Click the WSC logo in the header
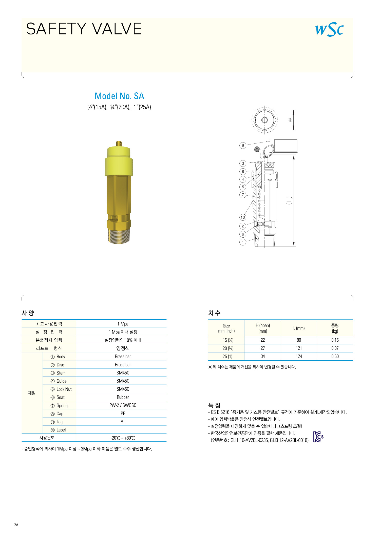pos(329,29)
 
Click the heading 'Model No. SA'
pos(119,96)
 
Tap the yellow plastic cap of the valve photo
pos(119,161)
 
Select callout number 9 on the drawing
pos(243,146)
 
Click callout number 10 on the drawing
pos(243,217)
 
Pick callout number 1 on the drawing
pos(243,242)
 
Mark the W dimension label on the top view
pos(290,120)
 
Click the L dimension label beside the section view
pos(289,200)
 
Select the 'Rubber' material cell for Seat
pos(123,397)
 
